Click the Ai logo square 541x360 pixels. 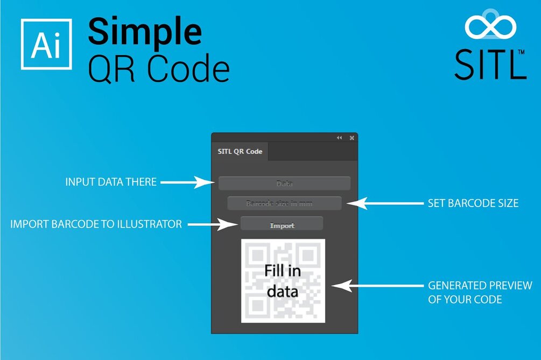[x=46, y=44]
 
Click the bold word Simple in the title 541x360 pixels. [x=145, y=31]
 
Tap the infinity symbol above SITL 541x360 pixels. [x=490, y=27]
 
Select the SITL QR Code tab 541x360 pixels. [x=240, y=151]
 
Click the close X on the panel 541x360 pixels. [x=352, y=138]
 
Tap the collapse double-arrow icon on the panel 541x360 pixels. [x=340, y=138]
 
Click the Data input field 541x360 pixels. [x=284, y=183]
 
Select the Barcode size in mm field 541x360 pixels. [x=284, y=203]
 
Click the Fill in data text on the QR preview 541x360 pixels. [x=283, y=281]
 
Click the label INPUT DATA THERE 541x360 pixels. [x=111, y=182]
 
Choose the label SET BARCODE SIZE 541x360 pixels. [x=473, y=203]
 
